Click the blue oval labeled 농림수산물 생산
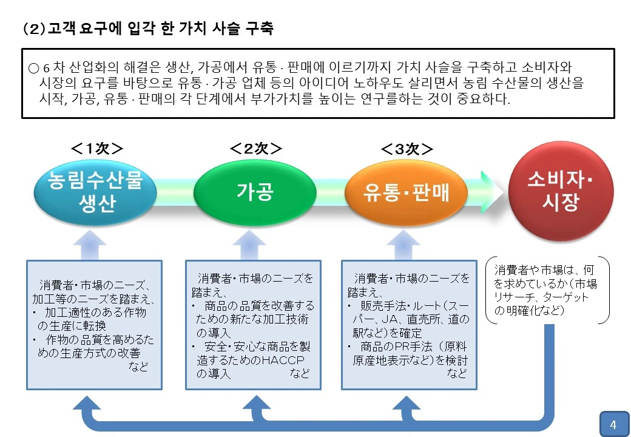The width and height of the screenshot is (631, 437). click(95, 192)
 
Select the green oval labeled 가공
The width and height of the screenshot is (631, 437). click(255, 192)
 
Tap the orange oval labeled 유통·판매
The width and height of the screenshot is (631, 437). click(407, 192)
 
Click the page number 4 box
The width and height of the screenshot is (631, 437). click(613, 424)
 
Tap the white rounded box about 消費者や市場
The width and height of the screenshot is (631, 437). click(547, 290)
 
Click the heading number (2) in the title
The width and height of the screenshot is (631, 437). click(34, 29)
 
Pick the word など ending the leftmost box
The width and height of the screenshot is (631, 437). click(138, 366)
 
